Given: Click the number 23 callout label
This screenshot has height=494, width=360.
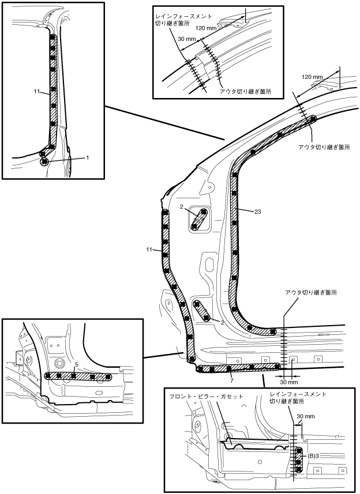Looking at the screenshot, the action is pos(257,212).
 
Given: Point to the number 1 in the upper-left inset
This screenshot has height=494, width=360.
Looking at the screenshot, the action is pos(87,157).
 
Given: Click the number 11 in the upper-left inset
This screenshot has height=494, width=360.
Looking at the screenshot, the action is pos(37,92).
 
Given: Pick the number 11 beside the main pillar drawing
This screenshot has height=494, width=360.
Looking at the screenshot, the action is pos(149,250).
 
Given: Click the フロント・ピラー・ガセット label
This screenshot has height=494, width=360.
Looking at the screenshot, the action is pos(207,397).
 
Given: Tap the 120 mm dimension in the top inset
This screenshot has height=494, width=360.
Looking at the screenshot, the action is pos(206,28).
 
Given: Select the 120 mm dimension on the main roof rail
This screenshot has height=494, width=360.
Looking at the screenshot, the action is pos(312,77).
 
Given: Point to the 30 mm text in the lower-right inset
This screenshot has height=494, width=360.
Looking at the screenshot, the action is pos(306,417).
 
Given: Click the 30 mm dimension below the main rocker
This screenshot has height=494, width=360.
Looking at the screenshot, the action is pos(289,382).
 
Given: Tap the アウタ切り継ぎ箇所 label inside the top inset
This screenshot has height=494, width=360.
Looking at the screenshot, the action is pos(246,92).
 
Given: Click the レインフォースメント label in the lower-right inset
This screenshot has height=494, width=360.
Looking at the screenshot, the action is pos(298,394).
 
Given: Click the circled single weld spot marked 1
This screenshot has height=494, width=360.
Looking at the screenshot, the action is pos(44,161).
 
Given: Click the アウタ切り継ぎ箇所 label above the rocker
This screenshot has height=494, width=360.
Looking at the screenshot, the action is pos(311,293).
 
